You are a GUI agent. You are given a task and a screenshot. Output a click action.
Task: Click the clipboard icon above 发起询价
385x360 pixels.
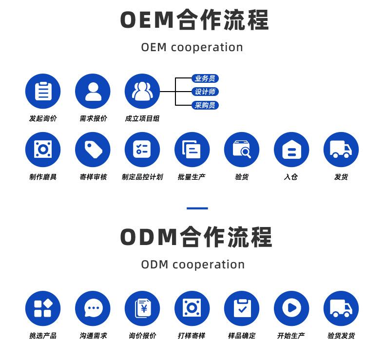click(x=43, y=91)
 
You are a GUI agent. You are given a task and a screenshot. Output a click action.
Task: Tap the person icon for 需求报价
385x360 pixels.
click(x=93, y=91)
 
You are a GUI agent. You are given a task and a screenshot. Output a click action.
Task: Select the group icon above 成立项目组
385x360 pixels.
click(x=142, y=91)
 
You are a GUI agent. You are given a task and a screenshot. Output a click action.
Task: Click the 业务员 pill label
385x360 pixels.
click(x=205, y=78)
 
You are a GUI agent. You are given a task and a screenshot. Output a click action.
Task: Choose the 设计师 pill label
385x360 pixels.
click(x=205, y=92)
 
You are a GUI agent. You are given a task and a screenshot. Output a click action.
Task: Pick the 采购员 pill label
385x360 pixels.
click(x=205, y=105)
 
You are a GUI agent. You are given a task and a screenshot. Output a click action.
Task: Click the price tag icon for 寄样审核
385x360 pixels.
click(x=93, y=150)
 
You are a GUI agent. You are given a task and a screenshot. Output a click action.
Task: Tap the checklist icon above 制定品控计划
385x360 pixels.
click(x=142, y=150)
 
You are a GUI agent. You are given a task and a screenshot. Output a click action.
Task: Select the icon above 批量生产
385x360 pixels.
click(x=192, y=150)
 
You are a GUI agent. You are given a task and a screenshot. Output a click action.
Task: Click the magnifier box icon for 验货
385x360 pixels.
click(x=242, y=150)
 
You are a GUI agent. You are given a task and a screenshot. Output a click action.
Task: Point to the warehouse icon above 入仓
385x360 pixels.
click(x=291, y=150)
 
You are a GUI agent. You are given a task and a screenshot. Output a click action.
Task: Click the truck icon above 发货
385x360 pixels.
click(x=341, y=150)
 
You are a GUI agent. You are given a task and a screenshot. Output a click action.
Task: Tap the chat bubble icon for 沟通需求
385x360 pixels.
click(x=93, y=308)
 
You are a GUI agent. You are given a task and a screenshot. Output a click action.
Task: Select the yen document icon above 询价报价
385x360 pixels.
click(x=142, y=308)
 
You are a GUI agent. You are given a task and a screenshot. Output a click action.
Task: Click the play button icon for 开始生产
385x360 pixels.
click(x=291, y=308)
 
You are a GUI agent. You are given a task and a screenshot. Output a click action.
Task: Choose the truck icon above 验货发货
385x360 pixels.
click(x=341, y=308)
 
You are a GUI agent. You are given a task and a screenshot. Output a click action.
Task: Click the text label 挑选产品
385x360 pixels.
click(x=43, y=336)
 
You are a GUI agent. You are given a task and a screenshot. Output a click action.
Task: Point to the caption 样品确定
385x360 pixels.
click(x=242, y=336)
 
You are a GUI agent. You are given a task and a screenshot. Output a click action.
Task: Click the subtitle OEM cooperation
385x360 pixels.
click(x=192, y=47)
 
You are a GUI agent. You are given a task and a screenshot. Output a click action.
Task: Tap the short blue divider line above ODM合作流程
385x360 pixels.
click(x=197, y=208)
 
